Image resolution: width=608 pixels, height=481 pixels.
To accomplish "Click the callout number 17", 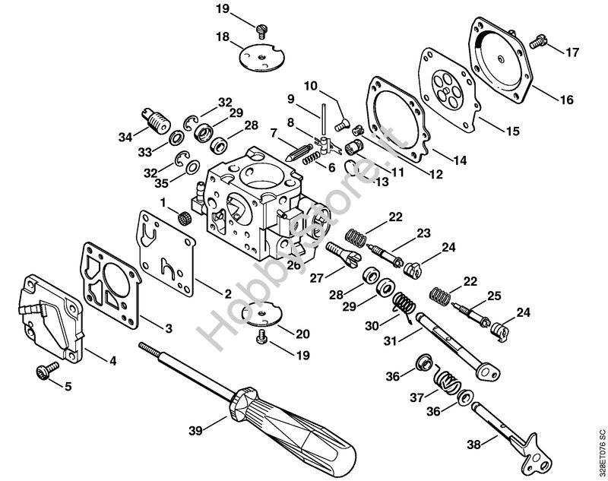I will coord(572,52).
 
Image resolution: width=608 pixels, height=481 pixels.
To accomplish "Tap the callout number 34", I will coord(125,137).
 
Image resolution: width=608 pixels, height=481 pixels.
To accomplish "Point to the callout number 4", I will coord(112,361).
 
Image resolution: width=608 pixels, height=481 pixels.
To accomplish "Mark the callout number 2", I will coord(226,293).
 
